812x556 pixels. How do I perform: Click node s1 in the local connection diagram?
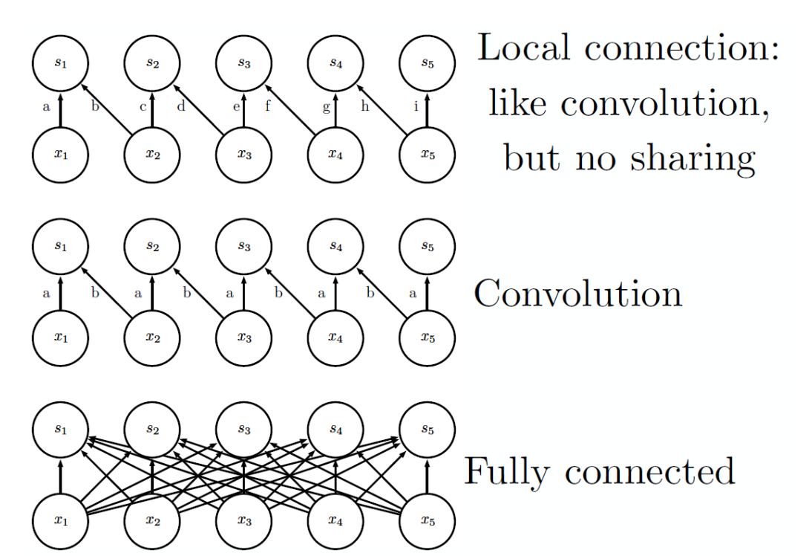(x=60, y=63)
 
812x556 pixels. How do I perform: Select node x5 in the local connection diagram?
(x=427, y=155)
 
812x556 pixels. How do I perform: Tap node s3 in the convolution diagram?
(x=243, y=247)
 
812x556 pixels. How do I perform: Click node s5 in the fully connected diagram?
(x=427, y=430)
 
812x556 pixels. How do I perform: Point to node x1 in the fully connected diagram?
(x=60, y=520)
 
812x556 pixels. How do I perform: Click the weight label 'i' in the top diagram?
(x=416, y=107)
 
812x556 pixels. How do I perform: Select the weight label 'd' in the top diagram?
(x=180, y=106)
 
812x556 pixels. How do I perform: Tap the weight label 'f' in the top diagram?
(x=268, y=106)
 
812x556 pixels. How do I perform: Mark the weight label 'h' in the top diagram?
(x=364, y=106)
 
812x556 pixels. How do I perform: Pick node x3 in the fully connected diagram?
(x=243, y=520)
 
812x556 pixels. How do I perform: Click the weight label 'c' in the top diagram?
(x=143, y=107)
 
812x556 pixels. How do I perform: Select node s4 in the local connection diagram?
(x=335, y=63)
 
